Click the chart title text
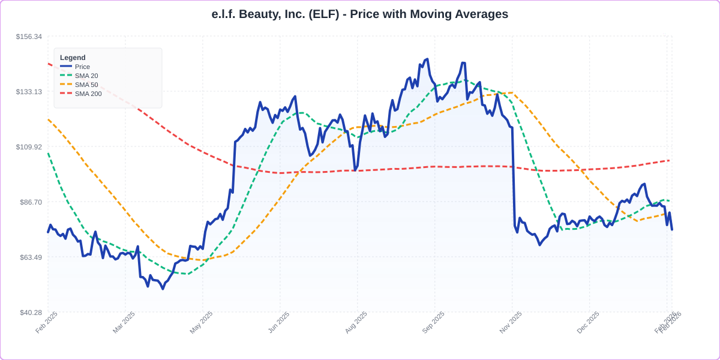[359, 14]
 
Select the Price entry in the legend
[82, 67]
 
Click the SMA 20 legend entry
[86, 76]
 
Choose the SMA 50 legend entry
[86, 85]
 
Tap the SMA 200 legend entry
[88, 94]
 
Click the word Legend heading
[73, 58]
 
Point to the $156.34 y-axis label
[29, 37]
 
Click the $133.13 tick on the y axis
[29, 92]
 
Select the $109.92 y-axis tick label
[29, 147]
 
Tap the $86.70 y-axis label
[31, 202]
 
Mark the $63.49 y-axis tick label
[31, 257]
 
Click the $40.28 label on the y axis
[31, 313]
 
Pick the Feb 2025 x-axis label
[47, 322]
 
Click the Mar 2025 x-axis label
[124, 322]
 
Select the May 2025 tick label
[202, 322]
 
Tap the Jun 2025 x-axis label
[279, 322]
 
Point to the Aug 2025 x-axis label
[356, 322]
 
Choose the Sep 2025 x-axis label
[434, 322]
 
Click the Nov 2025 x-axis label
[511, 322]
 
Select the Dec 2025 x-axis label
[589, 322]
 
